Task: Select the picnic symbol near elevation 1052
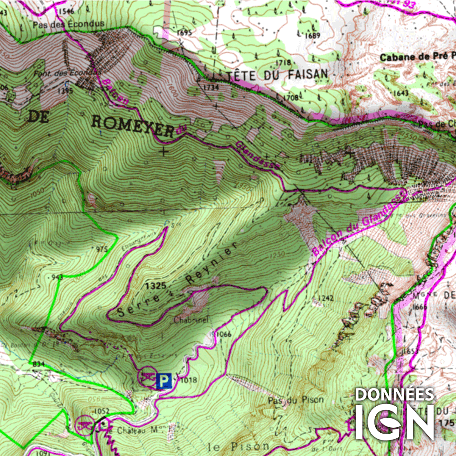click(84, 425)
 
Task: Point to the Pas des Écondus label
click(69, 24)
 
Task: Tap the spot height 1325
click(153, 286)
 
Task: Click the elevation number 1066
click(224, 335)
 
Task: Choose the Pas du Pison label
click(295, 400)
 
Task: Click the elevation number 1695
click(185, 32)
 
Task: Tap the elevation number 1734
click(211, 87)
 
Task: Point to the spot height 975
click(103, 249)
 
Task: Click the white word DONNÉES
click(394, 394)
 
